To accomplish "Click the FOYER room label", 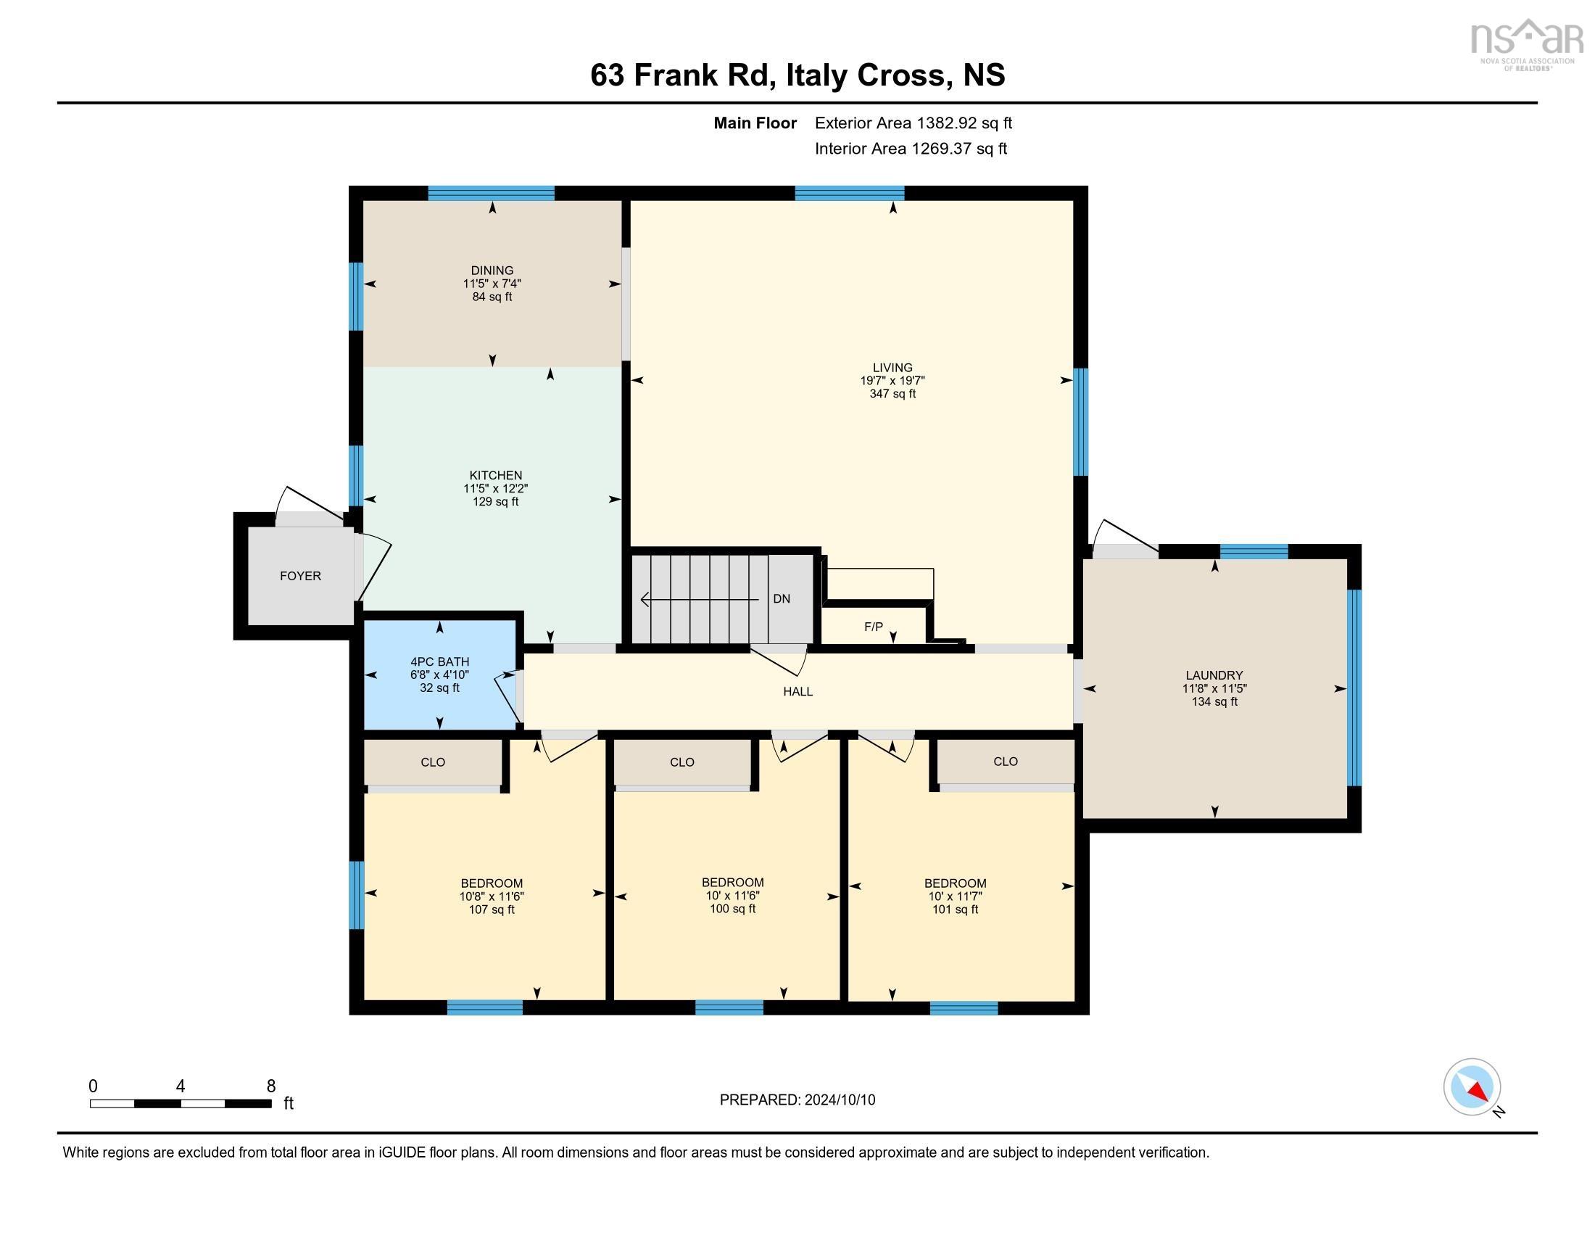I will [x=300, y=576].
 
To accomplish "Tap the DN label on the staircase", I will [x=782, y=598].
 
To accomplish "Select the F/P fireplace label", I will [x=874, y=626].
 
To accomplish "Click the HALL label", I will [x=797, y=691].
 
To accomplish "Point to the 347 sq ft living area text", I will [x=892, y=394].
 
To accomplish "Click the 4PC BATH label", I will [x=439, y=661].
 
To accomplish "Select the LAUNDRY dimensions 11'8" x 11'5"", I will [x=1214, y=688].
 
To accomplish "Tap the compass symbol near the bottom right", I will [x=1472, y=1086].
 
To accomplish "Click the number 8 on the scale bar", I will [x=271, y=1086].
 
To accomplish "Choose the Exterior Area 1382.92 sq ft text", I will [x=913, y=123].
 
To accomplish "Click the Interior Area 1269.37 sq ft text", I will [x=911, y=148].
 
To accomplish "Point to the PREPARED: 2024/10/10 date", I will [x=797, y=1100].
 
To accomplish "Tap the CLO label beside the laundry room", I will [x=1005, y=761].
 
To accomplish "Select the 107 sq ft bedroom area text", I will [x=492, y=910].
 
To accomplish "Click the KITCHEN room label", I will [x=495, y=476].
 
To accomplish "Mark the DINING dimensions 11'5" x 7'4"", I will [x=492, y=284].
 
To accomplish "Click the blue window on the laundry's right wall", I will [x=1354, y=688].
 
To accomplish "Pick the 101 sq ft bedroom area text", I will [x=955, y=910].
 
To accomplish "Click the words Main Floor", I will [x=755, y=123].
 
